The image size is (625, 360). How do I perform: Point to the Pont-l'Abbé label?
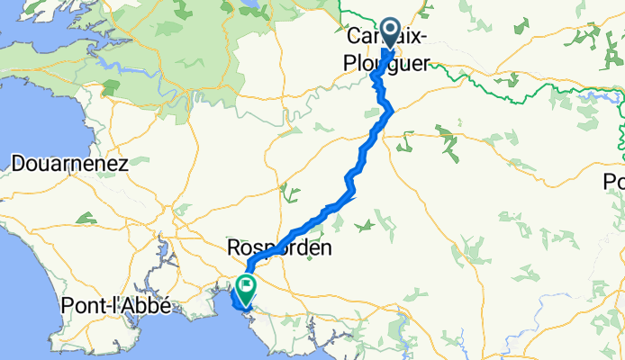116,304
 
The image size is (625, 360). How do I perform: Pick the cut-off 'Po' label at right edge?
613,182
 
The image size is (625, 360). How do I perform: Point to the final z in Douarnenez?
124,164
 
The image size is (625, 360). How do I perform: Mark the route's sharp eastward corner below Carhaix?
392,109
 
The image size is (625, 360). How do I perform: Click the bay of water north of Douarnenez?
36,99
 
